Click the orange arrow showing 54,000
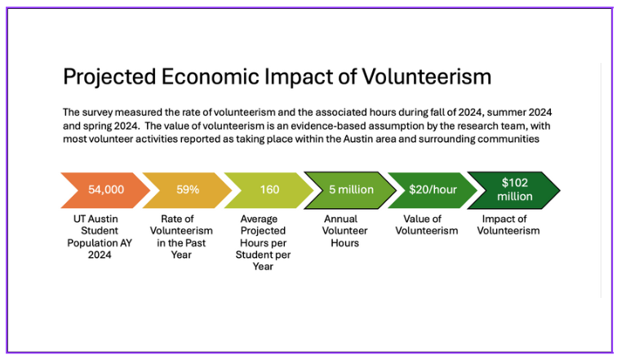105,190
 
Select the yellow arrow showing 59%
187,190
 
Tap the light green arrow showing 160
269,190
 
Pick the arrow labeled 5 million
350,190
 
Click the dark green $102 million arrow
514,190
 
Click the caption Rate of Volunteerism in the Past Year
182,237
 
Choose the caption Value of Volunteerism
426,225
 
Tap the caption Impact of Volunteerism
508,225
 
